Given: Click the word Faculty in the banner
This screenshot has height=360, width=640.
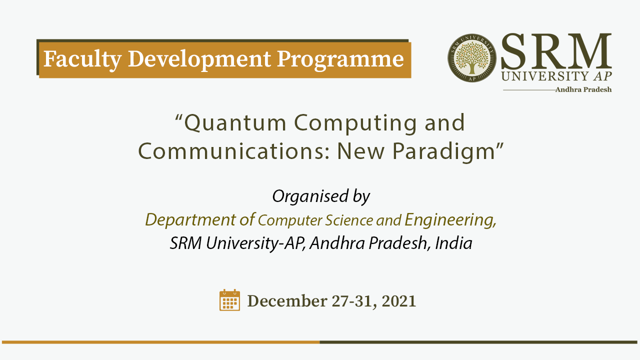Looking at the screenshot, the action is pos(82,60).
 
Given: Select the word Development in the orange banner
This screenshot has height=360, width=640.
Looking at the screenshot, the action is pos(199,59).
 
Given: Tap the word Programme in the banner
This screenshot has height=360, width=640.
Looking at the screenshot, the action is pos(340,60).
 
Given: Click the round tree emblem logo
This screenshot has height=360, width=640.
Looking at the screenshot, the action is pos(472,58).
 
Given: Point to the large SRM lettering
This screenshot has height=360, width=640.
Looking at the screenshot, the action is pos(556,51).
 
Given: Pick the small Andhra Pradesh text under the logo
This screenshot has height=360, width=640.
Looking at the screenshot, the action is pos(583,89).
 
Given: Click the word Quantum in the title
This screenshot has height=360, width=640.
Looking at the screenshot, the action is pos(235,123).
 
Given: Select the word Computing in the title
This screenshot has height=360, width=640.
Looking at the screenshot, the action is pos(355,123).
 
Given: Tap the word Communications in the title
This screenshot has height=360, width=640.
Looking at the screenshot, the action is pos(234,151).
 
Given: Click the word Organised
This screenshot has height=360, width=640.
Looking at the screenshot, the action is pos(310,196).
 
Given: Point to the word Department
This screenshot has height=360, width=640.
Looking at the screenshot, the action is pos(190,220).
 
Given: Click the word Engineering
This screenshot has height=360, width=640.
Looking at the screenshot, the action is pos(450,220).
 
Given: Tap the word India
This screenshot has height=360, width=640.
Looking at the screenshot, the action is pos(453,243).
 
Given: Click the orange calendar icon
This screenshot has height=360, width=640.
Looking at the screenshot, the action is pos(229,300).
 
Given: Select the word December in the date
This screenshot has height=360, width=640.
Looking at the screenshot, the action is pos(287,301).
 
